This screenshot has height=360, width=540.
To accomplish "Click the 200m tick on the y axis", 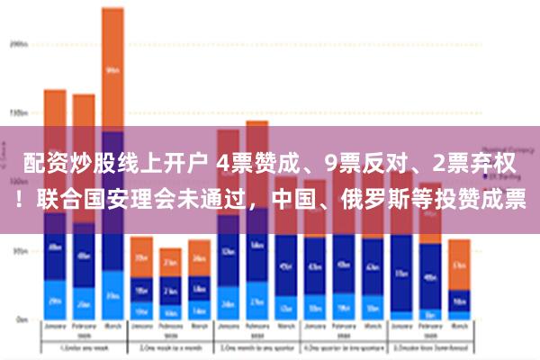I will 19,42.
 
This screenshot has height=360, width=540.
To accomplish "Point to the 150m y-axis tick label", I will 19,113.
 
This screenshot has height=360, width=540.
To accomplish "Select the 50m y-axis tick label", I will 19,251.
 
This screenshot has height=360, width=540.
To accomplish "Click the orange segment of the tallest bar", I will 112,67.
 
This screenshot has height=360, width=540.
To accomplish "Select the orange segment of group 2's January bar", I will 141,256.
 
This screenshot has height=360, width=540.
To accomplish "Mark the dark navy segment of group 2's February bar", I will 170,291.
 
